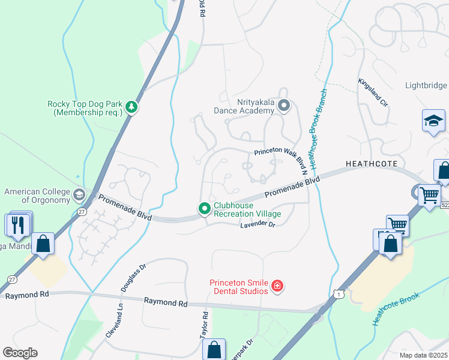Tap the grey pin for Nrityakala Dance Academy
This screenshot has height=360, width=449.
(284, 106)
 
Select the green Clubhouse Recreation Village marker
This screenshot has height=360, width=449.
(204, 209)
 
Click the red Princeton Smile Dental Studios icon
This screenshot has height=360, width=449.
(277, 286)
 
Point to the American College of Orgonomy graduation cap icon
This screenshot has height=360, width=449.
(79, 196)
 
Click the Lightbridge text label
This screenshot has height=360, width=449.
(426, 86)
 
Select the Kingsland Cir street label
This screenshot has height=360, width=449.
(373, 92)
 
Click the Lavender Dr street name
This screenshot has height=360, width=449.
(257, 224)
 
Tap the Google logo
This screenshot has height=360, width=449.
(20, 353)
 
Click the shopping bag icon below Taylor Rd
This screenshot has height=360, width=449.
(214, 349)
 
